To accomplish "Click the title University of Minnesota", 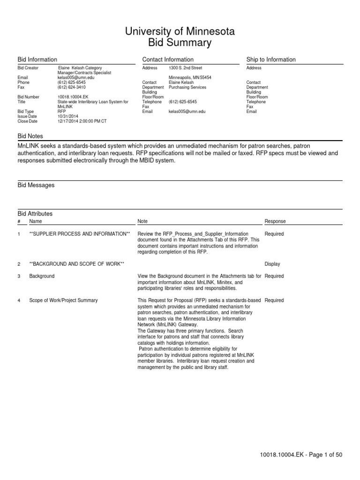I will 180,32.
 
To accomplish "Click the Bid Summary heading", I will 180,43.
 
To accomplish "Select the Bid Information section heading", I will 37,60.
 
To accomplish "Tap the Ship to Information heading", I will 271,60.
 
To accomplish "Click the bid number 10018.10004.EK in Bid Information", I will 74,97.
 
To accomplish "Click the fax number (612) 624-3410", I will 72,87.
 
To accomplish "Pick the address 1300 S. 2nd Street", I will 185,68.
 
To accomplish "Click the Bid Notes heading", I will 30,136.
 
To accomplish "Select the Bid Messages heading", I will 36,185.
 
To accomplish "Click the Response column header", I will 275,221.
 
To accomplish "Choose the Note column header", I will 142,221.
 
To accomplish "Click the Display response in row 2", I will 272,264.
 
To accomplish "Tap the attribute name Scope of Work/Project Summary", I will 63,300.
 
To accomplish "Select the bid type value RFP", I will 62,112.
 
